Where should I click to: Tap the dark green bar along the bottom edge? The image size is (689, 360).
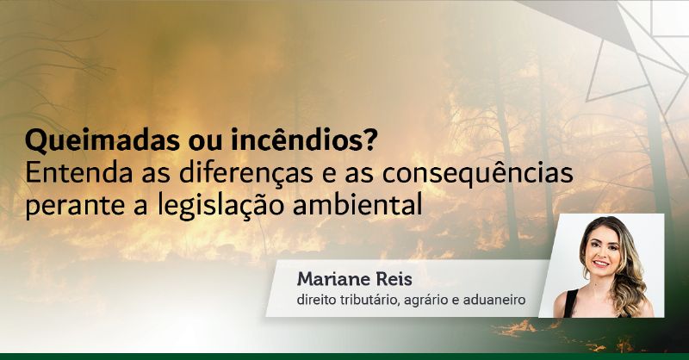click(344, 356)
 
